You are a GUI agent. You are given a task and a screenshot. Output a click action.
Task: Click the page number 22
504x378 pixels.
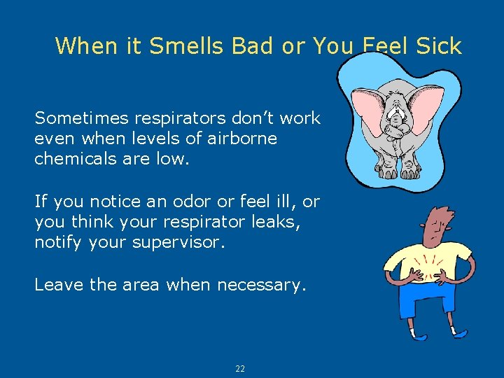tap(240, 369)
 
